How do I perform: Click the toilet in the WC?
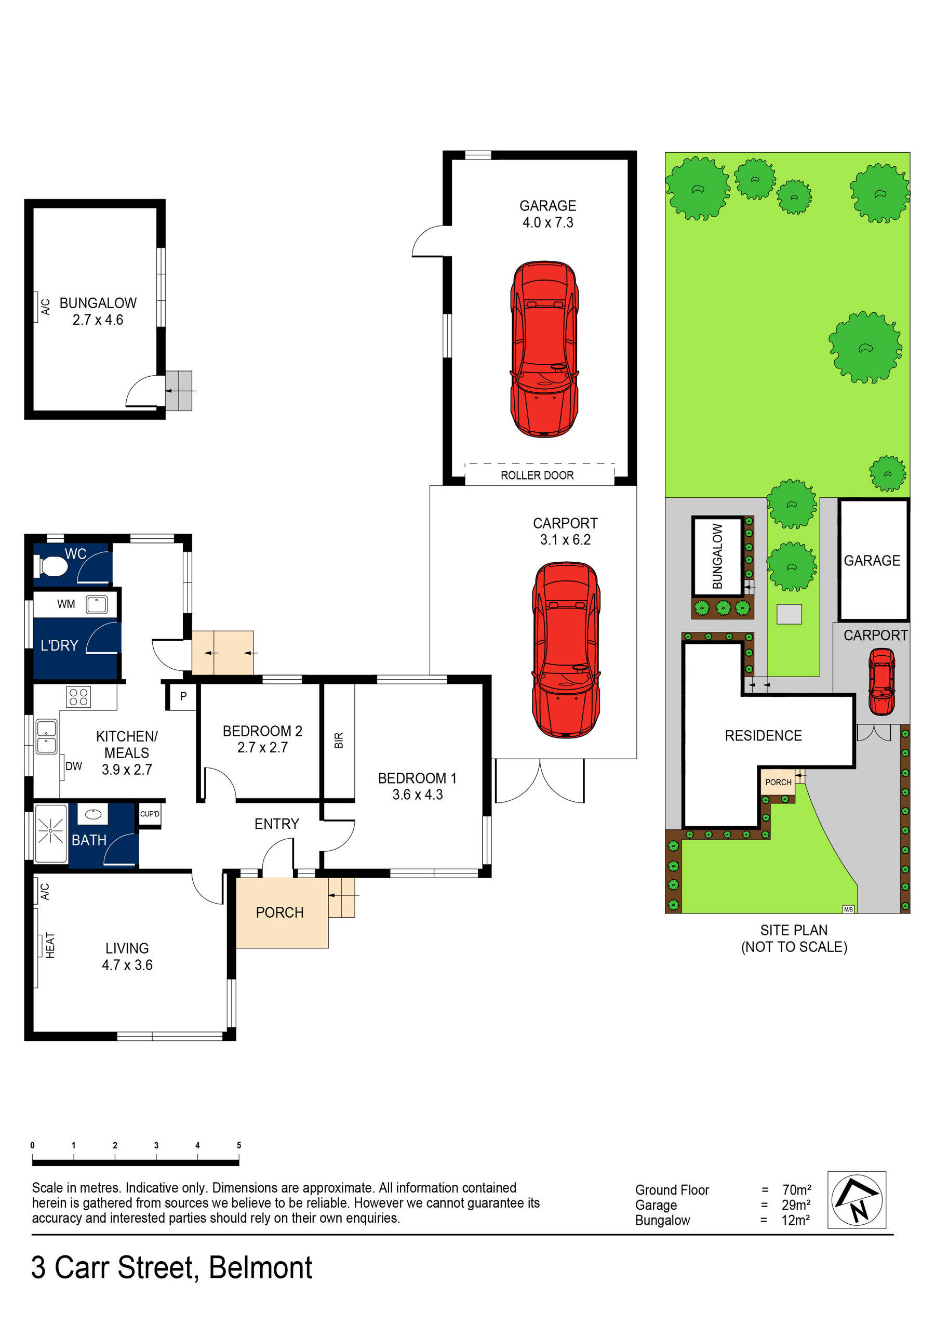[x=52, y=566]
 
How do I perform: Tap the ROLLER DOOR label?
[x=537, y=475]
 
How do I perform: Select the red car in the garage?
[x=544, y=349]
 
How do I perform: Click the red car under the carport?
[x=566, y=650]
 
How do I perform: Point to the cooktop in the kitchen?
[x=78, y=697]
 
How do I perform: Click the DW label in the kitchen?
[x=74, y=766]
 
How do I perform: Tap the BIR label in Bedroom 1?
[x=339, y=740]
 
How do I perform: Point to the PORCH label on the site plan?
[x=778, y=782]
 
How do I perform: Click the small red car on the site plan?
[x=881, y=682]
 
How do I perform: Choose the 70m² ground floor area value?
[x=797, y=1190]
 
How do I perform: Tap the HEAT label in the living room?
[x=50, y=945]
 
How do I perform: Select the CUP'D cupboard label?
[x=150, y=814]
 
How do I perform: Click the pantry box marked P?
[x=183, y=696]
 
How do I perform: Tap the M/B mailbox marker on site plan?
[x=848, y=909]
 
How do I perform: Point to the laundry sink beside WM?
[x=96, y=604]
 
